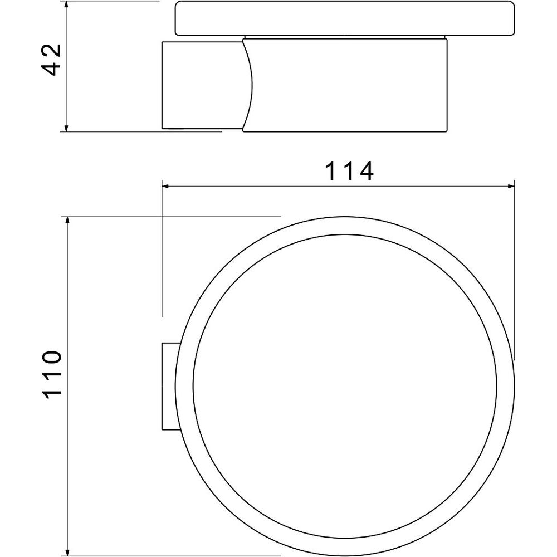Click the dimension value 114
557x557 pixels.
tap(350, 171)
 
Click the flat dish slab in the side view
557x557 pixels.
tap(345, 18)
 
